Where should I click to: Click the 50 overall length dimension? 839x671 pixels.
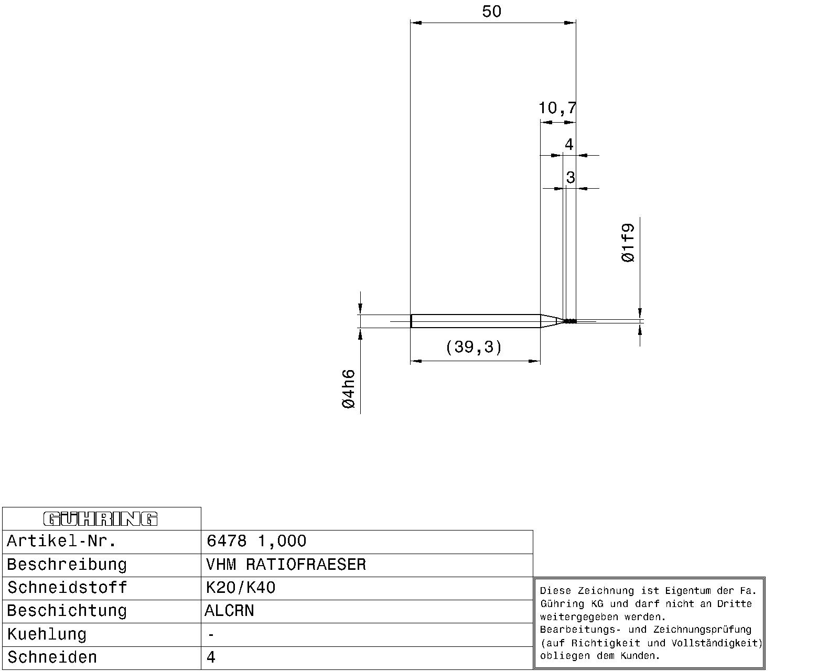pyautogui.click(x=491, y=12)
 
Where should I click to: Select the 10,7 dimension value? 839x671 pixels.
pyautogui.click(x=557, y=108)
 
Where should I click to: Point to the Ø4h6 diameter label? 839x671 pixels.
pyautogui.click(x=349, y=389)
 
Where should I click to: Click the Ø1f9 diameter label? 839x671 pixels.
pyautogui.click(x=628, y=243)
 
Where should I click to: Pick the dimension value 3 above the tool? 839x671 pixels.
pyautogui.click(x=571, y=177)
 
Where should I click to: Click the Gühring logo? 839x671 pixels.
pyautogui.click(x=101, y=519)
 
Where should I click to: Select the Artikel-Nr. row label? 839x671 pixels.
pyautogui.click(x=61, y=541)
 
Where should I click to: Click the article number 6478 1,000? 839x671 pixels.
pyautogui.click(x=256, y=541)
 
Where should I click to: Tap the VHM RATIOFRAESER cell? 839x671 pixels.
pyautogui.click(x=286, y=565)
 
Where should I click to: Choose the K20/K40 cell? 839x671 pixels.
pyautogui.click(x=241, y=588)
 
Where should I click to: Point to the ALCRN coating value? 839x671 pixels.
pyautogui.click(x=229, y=611)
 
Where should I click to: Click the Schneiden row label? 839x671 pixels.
pyautogui.click(x=52, y=657)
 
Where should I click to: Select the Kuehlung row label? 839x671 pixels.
pyautogui.click(x=47, y=634)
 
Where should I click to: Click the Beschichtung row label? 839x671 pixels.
pyautogui.click(x=67, y=611)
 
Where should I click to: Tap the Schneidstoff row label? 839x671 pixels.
pyautogui.click(x=67, y=588)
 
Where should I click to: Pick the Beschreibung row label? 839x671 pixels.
pyautogui.click(x=67, y=565)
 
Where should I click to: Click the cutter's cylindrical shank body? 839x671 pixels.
pyautogui.click(x=475, y=321)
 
